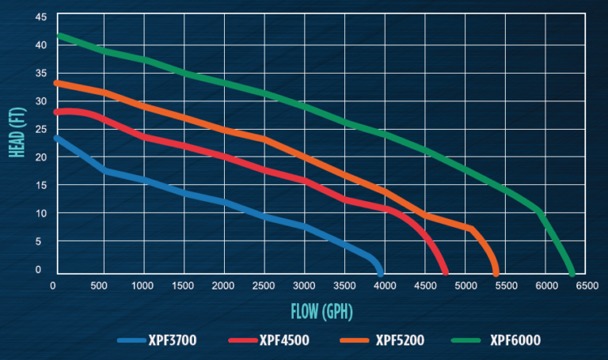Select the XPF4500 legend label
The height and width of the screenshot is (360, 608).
tap(284, 341)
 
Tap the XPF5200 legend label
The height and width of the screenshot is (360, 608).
tap(397, 341)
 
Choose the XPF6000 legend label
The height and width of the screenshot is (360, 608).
tap(514, 341)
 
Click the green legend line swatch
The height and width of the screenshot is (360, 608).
tap(467, 341)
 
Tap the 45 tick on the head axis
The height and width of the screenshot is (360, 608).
tap(40, 17)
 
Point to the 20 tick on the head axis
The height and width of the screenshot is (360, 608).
tap(40, 157)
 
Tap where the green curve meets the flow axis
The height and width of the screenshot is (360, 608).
tap(572, 273)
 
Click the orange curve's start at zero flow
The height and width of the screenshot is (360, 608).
tap(55, 82)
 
